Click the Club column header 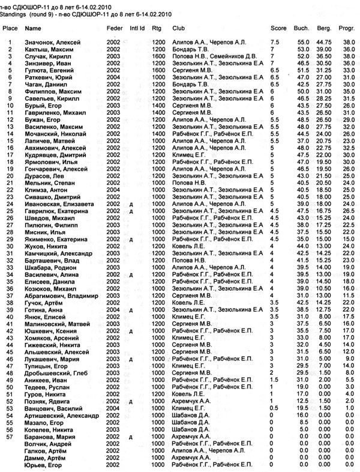pos(178,28)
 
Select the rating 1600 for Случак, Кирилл pos(157,57)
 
